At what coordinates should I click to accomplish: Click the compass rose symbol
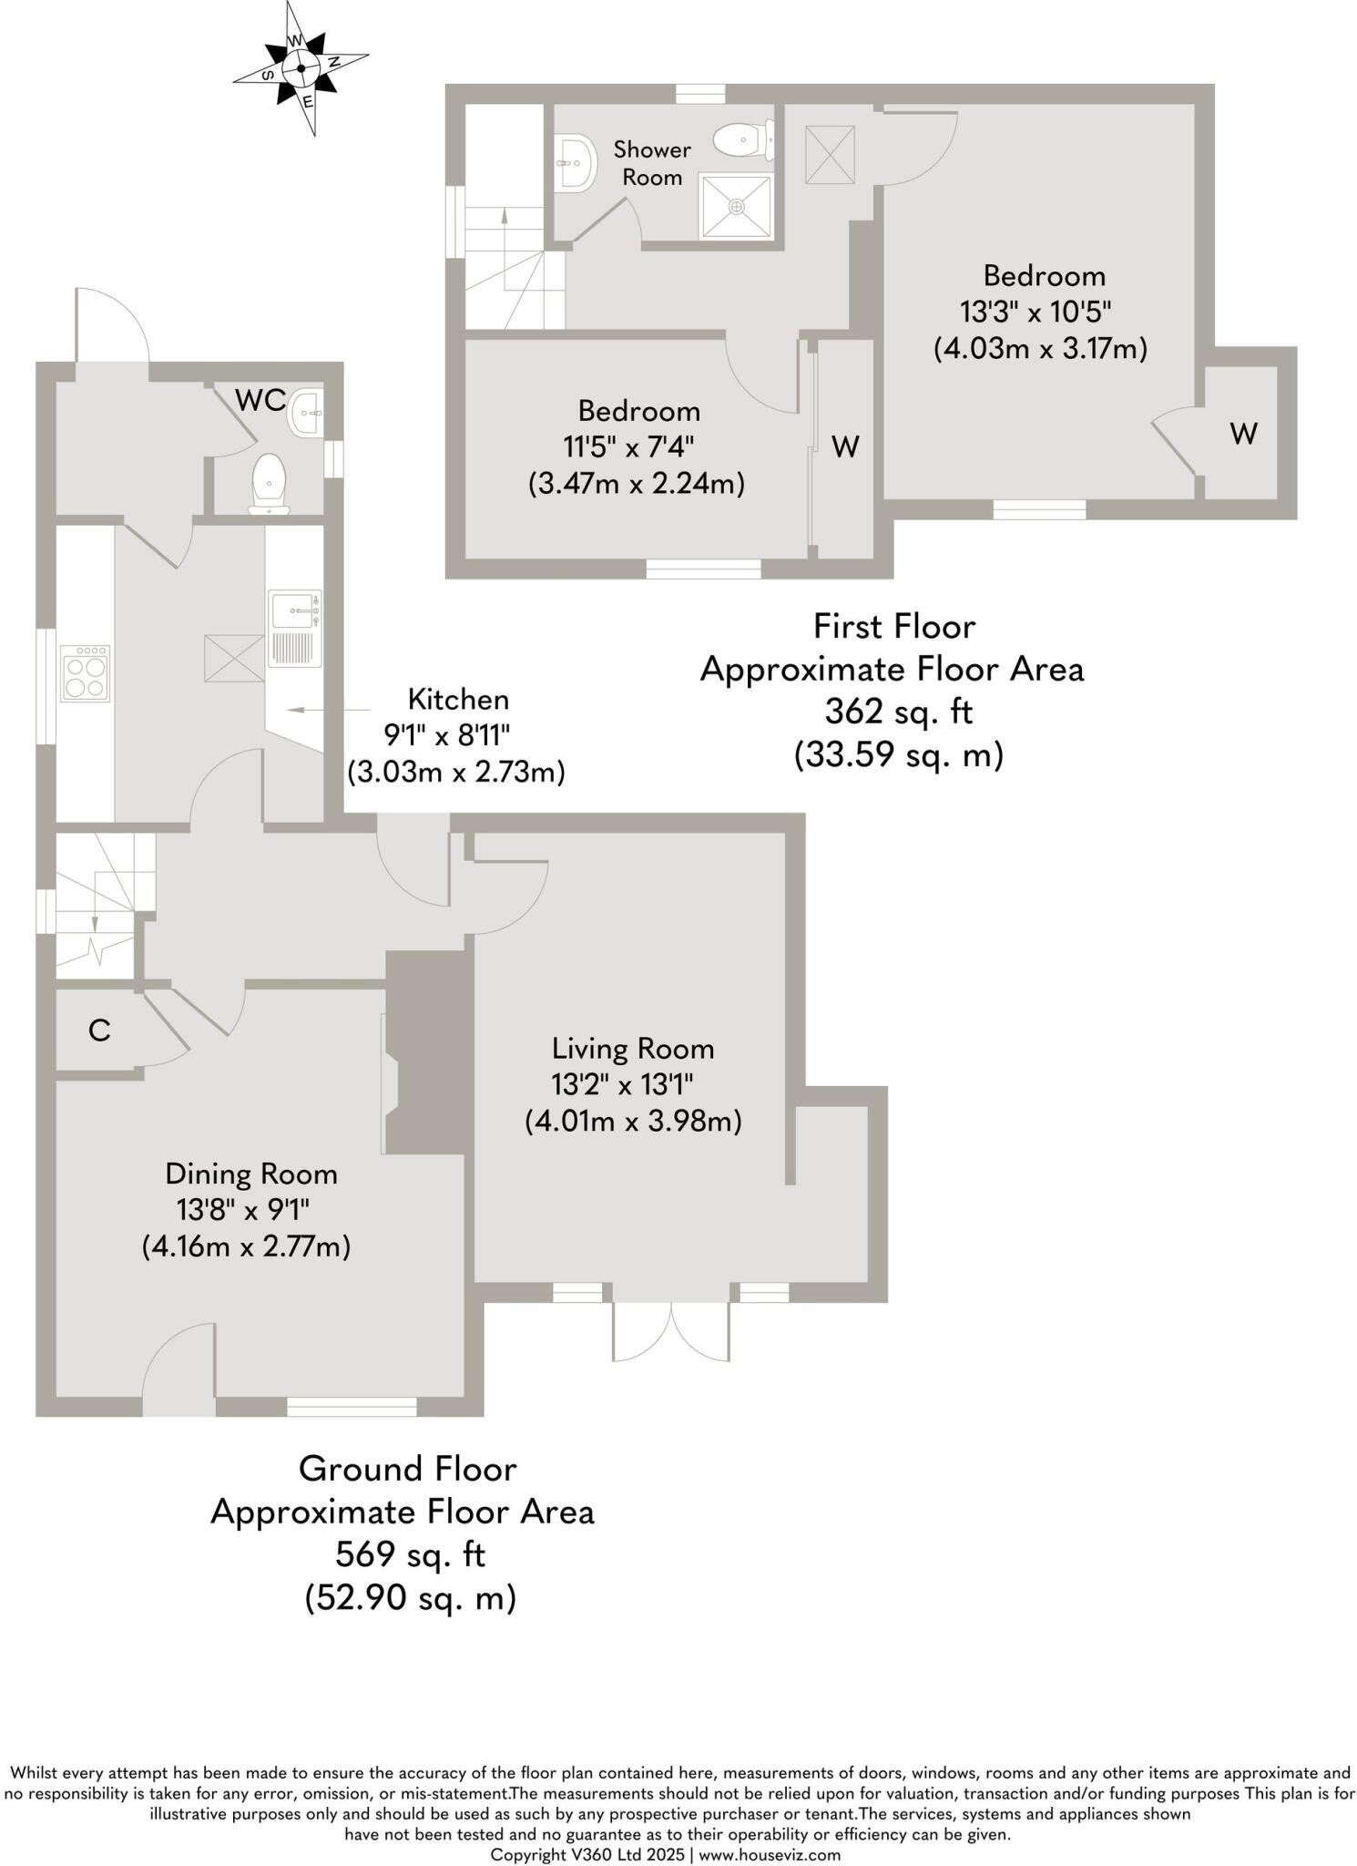coord(301,68)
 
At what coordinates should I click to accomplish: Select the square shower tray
coord(737,207)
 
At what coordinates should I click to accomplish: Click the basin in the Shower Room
coord(574,163)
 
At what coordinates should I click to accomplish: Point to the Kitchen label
coord(458,700)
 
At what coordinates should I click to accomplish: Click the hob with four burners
coord(85,673)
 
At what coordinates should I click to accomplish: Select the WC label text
coord(260,400)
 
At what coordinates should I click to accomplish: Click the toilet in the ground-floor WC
coord(270,481)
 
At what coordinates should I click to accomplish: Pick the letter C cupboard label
coord(99,1030)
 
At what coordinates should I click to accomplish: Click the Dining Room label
coord(251,1174)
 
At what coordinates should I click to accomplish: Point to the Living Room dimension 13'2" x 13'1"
coord(623,1084)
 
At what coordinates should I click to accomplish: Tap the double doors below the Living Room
coord(671,1331)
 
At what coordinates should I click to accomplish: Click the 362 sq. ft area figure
coord(898,712)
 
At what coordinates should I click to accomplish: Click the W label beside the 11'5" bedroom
coord(846,446)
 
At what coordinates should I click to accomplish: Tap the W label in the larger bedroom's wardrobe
coord(1244,434)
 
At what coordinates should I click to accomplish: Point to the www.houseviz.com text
coord(770,1854)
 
